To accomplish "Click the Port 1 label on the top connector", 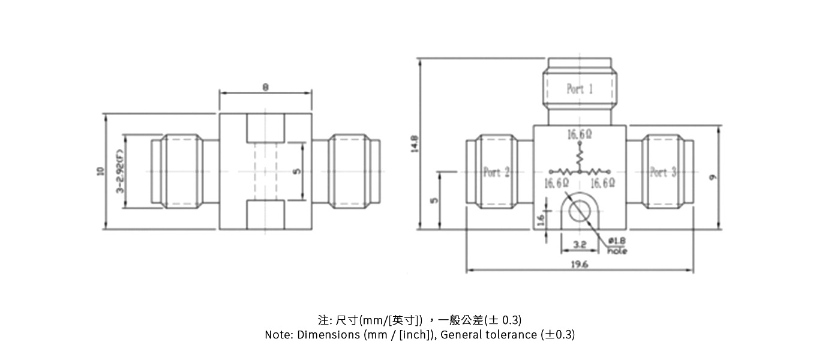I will tap(580, 89).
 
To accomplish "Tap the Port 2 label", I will tap(496, 172).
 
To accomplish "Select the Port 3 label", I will tap(663, 172).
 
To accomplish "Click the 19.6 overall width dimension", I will tap(580, 264).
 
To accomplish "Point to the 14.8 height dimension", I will tap(414, 144).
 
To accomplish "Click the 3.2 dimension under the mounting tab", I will tap(579, 245).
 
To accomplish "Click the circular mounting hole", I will tap(580, 211).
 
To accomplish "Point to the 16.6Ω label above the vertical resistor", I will tap(580, 136).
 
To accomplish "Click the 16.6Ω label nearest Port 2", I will tap(556, 183).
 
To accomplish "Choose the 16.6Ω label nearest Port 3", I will tap(602, 183).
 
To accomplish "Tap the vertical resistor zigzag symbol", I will tap(580, 157).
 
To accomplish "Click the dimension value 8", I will tap(265, 87).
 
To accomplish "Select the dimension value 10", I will tap(100, 172).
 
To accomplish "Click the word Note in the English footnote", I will tap(278, 335).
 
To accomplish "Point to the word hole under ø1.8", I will tap(617, 250).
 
